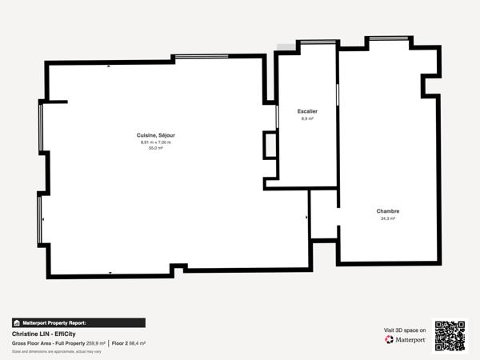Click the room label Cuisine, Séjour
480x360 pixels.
pyautogui.click(x=156, y=136)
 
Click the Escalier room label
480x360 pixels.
pyautogui.click(x=307, y=111)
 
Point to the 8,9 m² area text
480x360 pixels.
pyautogui.click(x=307, y=118)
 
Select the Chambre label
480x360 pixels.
pyautogui.click(x=388, y=211)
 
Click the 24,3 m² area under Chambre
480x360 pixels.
pyautogui.click(x=388, y=218)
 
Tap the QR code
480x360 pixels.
pyautogui.click(x=450, y=335)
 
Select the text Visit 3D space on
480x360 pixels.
pyautogui.click(x=406, y=329)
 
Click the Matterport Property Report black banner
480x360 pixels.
pyautogui.click(x=78, y=322)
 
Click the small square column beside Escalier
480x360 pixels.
pyautogui.click(x=270, y=145)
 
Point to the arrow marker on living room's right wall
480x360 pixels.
pyautogui.click(x=306, y=217)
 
